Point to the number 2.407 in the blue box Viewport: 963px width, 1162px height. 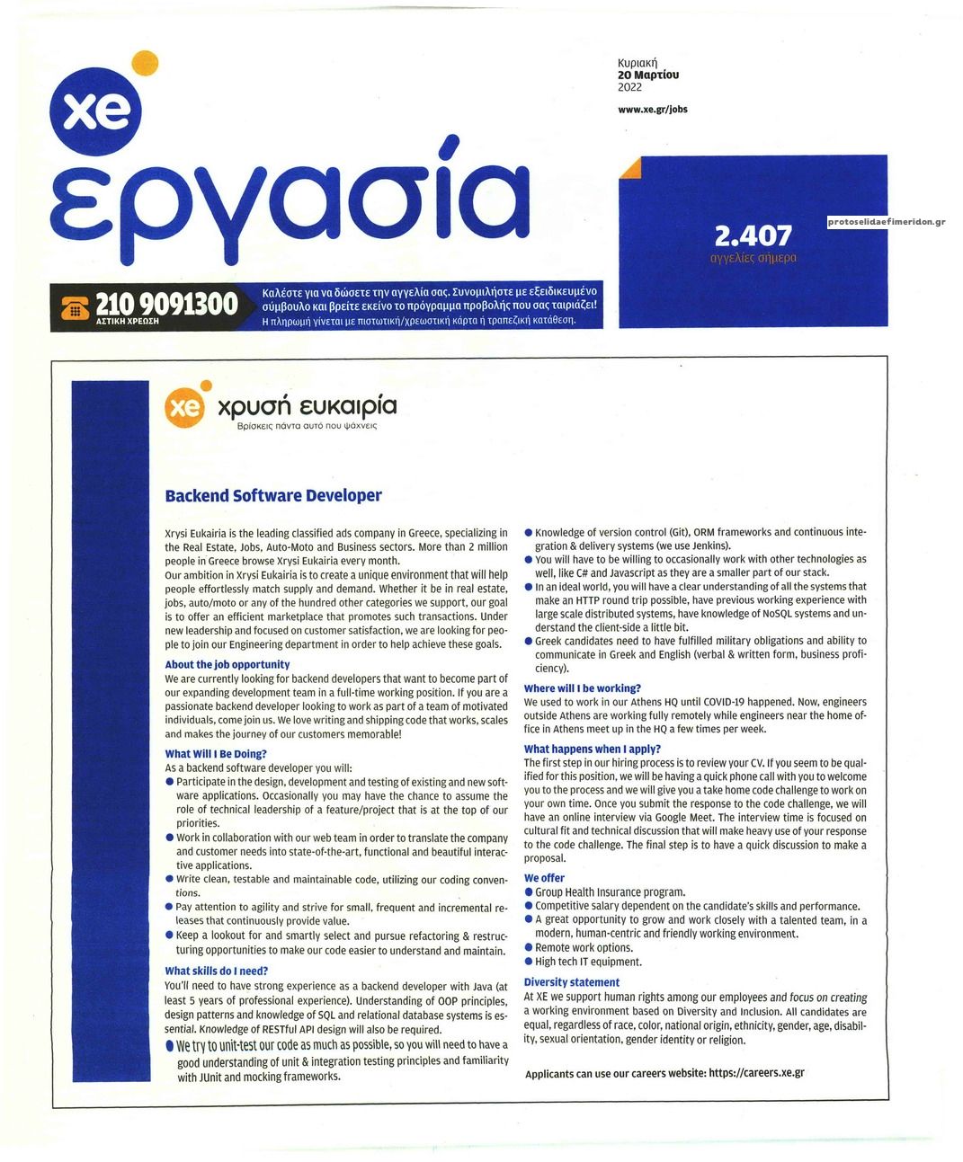click(753, 235)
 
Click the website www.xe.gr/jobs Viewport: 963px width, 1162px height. click(652, 110)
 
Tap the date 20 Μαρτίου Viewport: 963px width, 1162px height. click(647, 75)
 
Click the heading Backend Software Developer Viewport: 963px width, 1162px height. click(273, 495)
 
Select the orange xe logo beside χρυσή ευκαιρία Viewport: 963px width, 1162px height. click(186, 407)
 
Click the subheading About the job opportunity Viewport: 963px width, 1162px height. click(227, 664)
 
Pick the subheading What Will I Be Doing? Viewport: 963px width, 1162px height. click(216, 754)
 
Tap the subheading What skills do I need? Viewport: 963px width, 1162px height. click(216, 971)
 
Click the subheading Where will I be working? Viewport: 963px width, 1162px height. click(582, 688)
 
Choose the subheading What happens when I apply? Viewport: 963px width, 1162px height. click(592, 749)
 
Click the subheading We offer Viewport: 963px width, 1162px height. click(544, 878)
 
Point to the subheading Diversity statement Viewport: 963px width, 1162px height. click(571, 982)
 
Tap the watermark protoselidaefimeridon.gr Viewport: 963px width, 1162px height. click(886, 222)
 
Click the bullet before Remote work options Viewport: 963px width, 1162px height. click(529, 947)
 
